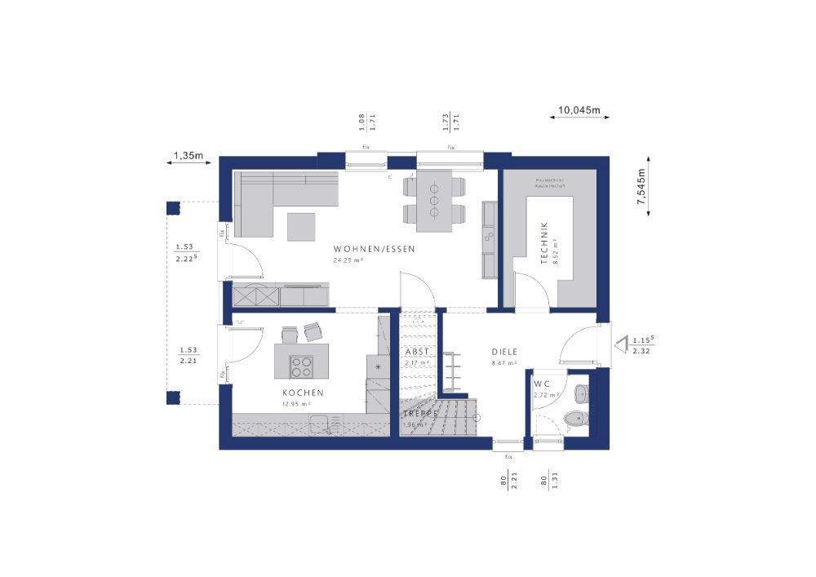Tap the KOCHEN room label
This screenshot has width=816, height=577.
298,393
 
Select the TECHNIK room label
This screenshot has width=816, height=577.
544,242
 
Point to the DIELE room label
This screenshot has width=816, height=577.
504,352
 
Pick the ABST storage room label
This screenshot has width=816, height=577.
416,352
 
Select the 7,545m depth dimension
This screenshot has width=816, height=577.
641,186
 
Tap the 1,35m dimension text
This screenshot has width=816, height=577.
188,154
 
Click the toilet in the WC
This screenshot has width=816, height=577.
575,419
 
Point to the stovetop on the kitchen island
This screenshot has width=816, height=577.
302,366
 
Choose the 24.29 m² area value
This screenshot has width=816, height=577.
348,260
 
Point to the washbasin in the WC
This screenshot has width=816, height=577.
580,393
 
